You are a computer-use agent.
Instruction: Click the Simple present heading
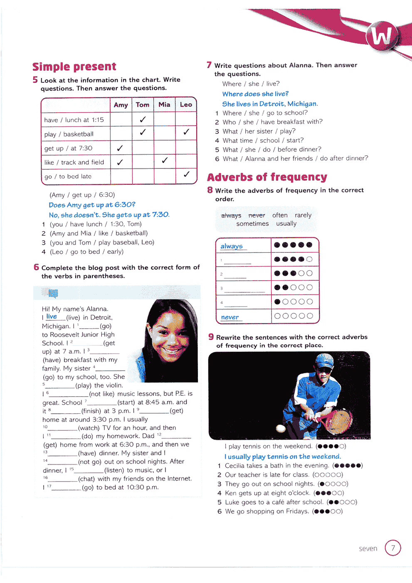pos(74,67)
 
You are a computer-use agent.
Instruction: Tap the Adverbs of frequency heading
pos(267,177)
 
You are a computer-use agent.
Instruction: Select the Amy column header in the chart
pos(121,105)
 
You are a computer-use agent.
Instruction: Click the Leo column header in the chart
pos(186,105)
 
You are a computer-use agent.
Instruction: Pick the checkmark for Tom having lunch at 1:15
pos(143,119)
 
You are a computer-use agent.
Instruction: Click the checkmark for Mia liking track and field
pos(165,160)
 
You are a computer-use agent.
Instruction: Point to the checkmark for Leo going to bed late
pos(186,174)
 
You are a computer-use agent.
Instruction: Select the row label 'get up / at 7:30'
pos(69,148)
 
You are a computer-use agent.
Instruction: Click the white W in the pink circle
pos(382,36)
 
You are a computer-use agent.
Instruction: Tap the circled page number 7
pos(393,548)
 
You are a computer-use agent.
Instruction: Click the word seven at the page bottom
pos(368,548)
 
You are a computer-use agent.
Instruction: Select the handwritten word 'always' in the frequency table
pos(232,246)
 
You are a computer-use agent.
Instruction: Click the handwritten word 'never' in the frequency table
pos(230,317)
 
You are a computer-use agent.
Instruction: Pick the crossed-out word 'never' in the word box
pos(257,215)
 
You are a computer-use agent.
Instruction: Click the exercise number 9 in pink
pos(211,337)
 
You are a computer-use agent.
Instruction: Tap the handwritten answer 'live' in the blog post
pos(52,316)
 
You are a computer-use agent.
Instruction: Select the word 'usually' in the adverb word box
pos(286,224)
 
